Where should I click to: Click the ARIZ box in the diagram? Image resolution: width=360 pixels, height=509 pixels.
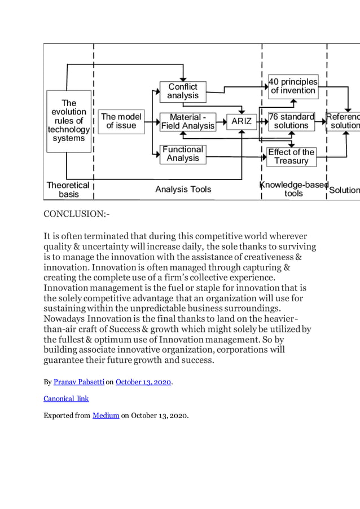(x=242, y=121)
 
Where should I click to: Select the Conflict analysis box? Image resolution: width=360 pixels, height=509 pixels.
(x=183, y=91)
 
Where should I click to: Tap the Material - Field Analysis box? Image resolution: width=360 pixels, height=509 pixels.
(x=188, y=121)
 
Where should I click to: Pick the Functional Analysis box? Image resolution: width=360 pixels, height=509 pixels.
(x=183, y=153)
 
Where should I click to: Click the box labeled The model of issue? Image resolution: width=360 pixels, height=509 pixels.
(x=121, y=121)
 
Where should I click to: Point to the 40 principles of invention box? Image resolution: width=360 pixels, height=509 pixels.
(x=293, y=86)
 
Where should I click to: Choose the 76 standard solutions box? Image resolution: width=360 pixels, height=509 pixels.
(x=291, y=121)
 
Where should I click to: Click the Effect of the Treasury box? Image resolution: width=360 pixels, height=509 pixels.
(x=291, y=156)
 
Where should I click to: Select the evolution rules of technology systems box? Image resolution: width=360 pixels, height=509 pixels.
(x=69, y=121)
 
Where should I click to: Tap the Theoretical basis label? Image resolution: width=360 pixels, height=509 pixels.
(x=68, y=190)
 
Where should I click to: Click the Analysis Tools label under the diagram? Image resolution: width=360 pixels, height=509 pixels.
(x=183, y=189)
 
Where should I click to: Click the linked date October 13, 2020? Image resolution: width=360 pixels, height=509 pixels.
(x=143, y=382)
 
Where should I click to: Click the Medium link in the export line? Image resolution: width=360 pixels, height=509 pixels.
(x=106, y=416)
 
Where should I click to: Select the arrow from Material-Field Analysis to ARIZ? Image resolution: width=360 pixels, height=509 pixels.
(x=221, y=121)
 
